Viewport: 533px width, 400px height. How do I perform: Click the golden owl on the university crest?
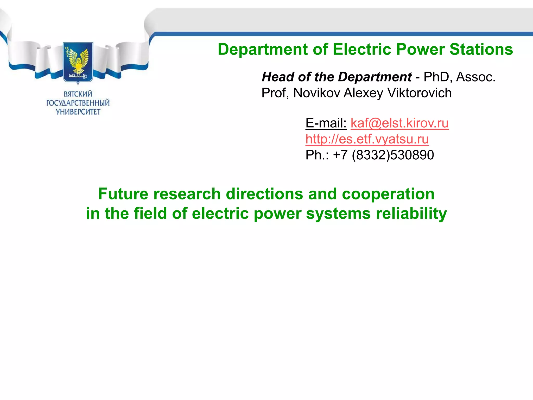(78, 61)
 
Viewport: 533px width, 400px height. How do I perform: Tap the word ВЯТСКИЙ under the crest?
(78, 94)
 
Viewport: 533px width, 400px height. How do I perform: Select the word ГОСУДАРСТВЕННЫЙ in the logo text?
(78, 103)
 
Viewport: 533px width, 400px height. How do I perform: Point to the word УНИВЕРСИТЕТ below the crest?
(78, 112)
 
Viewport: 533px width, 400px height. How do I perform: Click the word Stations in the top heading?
(481, 49)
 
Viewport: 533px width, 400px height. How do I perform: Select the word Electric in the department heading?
(361, 49)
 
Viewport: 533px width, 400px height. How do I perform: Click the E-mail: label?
(326, 123)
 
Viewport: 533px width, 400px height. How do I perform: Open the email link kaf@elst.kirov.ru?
(399, 123)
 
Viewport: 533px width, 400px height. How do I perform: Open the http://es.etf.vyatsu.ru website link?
(367, 139)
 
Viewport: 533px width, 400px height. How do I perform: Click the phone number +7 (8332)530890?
(383, 155)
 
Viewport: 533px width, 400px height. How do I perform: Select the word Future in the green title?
(123, 194)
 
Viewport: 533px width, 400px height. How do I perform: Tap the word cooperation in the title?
(388, 194)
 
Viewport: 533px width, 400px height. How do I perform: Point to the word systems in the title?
(338, 214)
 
